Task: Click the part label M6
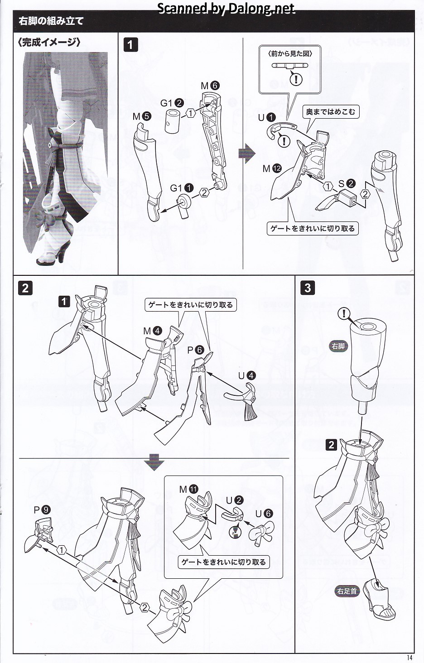click(210, 86)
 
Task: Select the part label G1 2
click(172, 103)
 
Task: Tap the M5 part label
click(142, 117)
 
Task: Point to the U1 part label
click(267, 117)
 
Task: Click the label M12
click(272, 169)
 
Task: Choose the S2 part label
click(347, 183)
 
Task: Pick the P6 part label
click(196, 350)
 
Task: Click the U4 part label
click(247, 376)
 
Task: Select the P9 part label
click(42, 509)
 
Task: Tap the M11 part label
click(189, 489)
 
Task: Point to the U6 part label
click(264, 514)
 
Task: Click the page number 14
click(409, 658)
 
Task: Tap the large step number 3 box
click(308, 288)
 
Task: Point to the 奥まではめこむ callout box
click(330, 111)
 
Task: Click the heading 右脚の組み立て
click(51, 21)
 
